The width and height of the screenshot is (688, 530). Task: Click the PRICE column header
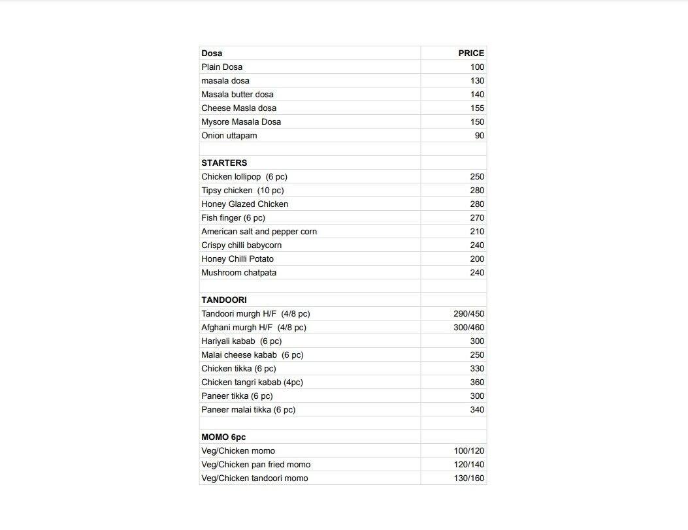(x=470, y=54)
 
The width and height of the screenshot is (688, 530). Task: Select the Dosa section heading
(x=212, y=54)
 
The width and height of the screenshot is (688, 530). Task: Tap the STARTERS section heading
(x=224, y=163)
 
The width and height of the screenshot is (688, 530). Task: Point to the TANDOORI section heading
(x=224, y=300)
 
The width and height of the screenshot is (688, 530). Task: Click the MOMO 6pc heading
(x=223, y=437)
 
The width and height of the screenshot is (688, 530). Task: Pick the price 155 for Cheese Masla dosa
(x=477, y=108)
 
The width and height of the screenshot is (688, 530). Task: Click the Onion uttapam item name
(x=229, y=136)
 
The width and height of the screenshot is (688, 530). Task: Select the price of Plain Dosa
(x=477, y=67)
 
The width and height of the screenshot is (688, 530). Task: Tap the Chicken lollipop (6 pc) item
(x=244, y=177)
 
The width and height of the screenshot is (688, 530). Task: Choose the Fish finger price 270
(x=477, y=218)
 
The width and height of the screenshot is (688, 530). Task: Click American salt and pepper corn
(x=259, y=232)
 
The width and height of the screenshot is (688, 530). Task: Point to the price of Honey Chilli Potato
(x=477, y=259)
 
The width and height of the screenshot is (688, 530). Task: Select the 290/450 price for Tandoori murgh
(x=468, y=314)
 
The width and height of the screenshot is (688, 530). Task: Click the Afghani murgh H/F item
(x=254, y=328)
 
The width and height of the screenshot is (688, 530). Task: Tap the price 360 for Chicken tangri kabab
(x=477, y=382)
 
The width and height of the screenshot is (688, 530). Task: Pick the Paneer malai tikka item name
(x=248, y=410)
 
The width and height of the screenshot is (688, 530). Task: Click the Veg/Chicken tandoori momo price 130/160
(x=469, y=478)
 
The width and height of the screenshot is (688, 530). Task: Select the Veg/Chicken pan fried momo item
(x=256, y=465)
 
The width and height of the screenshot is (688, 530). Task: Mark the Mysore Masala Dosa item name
(x=241, y=122)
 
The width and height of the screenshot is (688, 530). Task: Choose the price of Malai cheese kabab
(x=477, y=355)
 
